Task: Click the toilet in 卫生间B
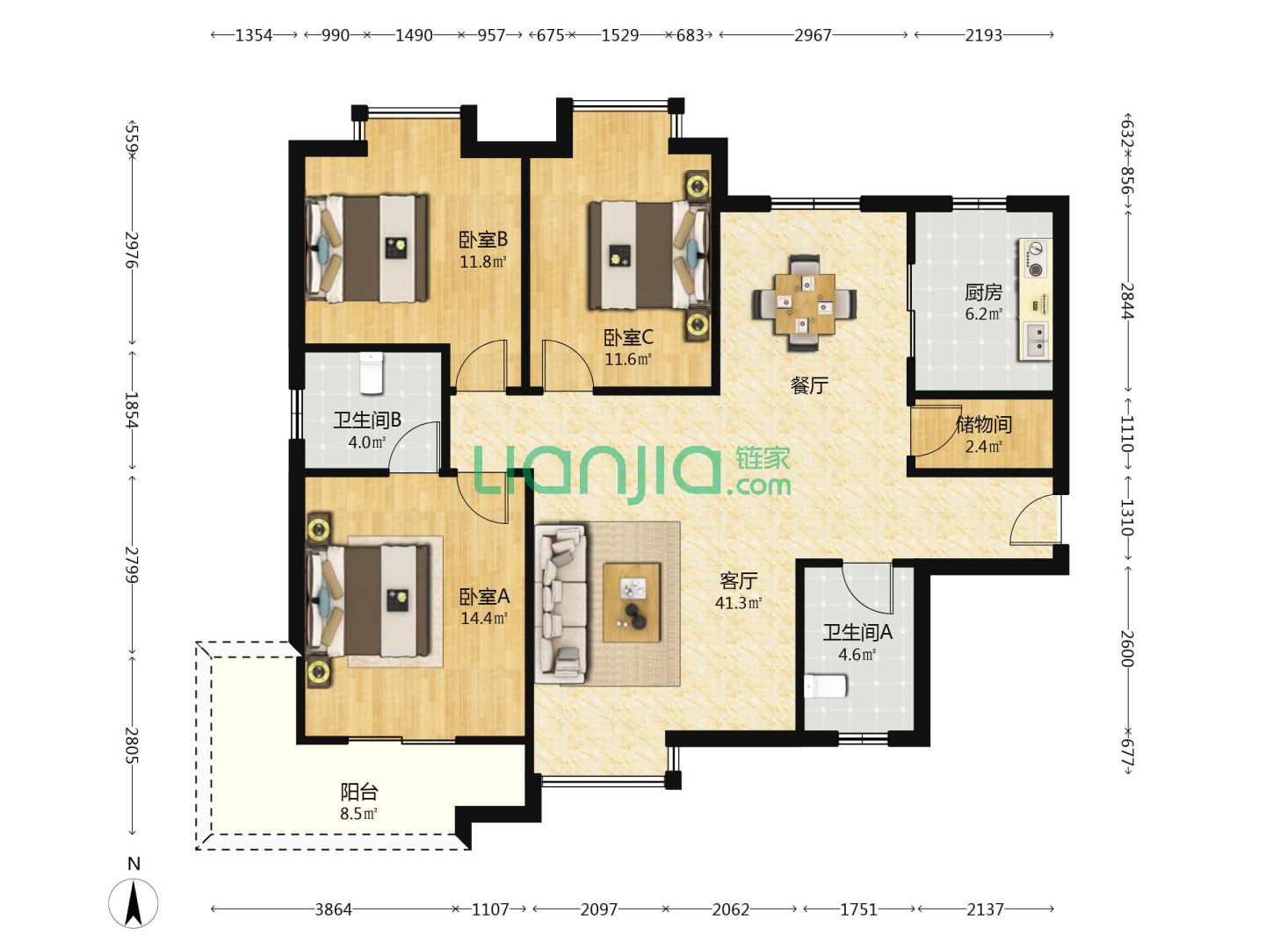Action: (x=371, y=373)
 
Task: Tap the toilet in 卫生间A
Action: (x=825, y=686)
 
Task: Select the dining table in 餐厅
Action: (x=805, y=304)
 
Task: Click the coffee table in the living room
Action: (x=631, y=603)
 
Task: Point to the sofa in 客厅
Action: (x=561, y=603)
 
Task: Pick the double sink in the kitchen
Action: (x=1036, y=341)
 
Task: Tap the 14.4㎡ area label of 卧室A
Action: (x=484, y=619)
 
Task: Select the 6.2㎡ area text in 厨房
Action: (x=983, y=313)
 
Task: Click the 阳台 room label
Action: (x=358, y=792)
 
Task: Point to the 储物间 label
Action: (x=983, y=424)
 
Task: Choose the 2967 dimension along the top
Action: (x=813, y=35)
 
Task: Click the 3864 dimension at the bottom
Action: (x=333, y=909)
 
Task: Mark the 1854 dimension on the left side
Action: (x=132, y=410)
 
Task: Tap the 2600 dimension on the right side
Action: (x=1127, y=649)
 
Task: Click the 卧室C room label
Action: (x=628, y=338)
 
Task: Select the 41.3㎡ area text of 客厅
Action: (x=738, y=603)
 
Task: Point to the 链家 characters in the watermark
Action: (x=762, y=459)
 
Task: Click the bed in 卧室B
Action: (x=366, y=248)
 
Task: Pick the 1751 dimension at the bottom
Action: (x=858, y=909)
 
